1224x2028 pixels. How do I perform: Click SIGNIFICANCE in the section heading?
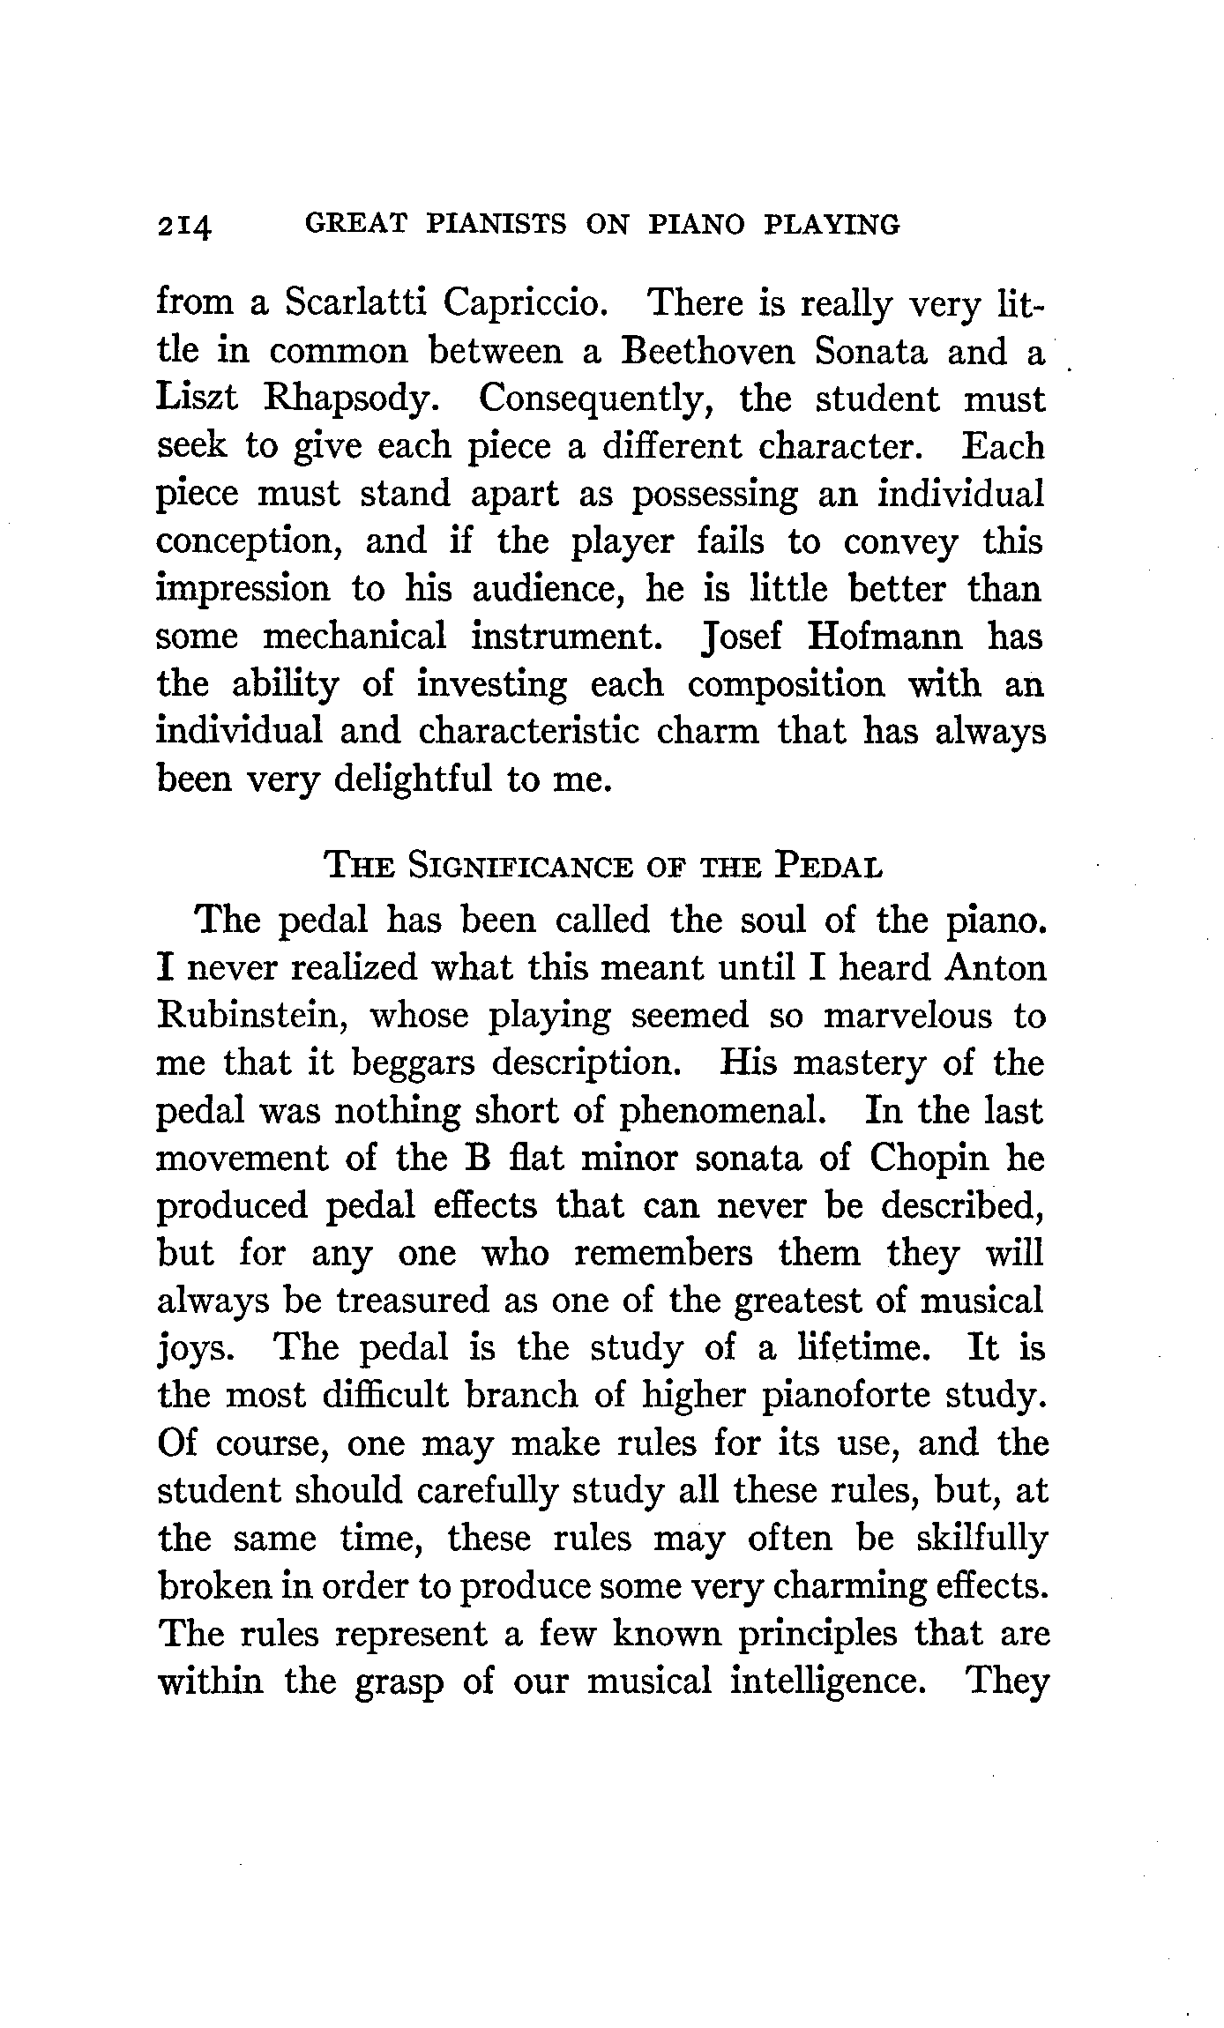[x=520, y=867]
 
